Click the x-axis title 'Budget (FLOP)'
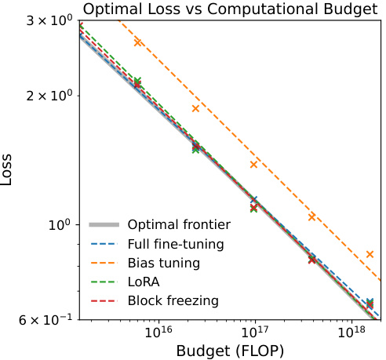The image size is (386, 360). [231, 349]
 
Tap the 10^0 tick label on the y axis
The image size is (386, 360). [61, 225]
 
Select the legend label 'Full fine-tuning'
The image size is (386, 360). [176, 243]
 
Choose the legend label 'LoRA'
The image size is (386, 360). [145, 281]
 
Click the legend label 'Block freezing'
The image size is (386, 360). [173, 300]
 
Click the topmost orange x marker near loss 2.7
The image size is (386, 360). [138, 42]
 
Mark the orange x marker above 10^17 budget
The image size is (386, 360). [253, 164]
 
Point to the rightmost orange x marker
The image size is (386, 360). [370, 254]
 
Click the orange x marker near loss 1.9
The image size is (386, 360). [195, 108]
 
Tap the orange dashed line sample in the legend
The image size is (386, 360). [105, 262]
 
